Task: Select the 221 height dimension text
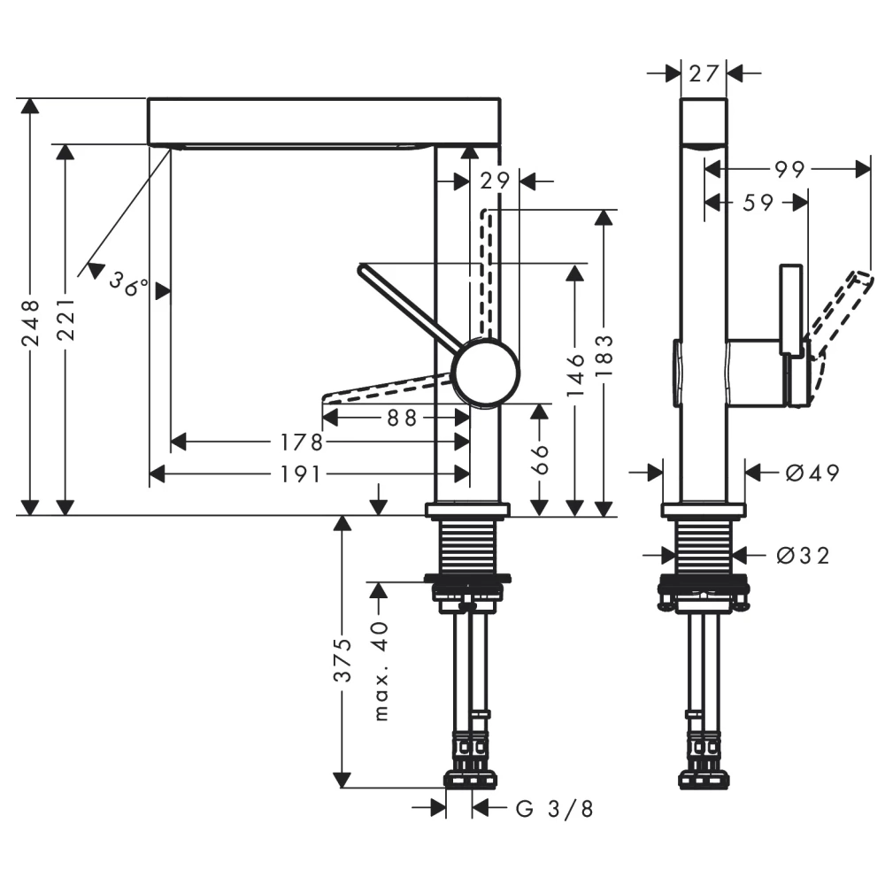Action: [x=65, y=325]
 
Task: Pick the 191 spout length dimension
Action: [x=300, y=475]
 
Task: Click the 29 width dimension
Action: [x=496, y=181]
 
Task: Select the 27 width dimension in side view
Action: [x=704, y=73]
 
